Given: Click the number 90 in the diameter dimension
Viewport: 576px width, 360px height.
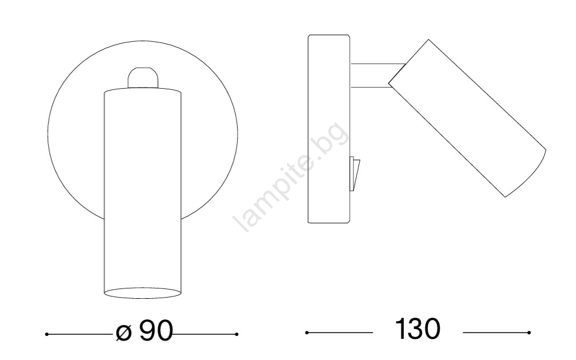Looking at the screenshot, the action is [x=156, y=330].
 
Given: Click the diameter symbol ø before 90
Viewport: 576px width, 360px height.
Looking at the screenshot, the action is [x=124, y=333].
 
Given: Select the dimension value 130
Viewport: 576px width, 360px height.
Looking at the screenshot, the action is [x=417, y=329].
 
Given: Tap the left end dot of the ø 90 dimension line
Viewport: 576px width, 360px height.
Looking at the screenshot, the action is [x=46, y=334].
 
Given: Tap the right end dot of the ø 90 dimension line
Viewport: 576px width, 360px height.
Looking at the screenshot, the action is [x=236, y=334].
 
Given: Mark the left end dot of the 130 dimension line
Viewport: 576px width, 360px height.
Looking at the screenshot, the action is [x=307, y=333].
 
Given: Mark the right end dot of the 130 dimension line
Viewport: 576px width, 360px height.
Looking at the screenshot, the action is [x=529, y=333].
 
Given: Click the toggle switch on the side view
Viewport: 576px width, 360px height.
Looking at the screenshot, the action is [x=354, y=175].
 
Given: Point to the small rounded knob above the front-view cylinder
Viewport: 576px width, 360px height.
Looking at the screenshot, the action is [x=143, y=77].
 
